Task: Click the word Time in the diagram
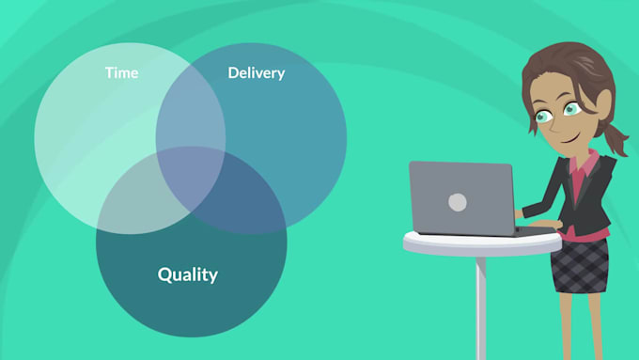[x=121, y=72]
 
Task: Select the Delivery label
[x=256, y=72]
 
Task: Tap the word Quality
[x=187, y=274]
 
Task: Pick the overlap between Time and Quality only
[x=136, y=193]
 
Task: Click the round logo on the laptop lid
[x=458, y=202]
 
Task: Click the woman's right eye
[x=544, y=117]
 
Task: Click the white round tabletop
[x=481, y=243]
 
